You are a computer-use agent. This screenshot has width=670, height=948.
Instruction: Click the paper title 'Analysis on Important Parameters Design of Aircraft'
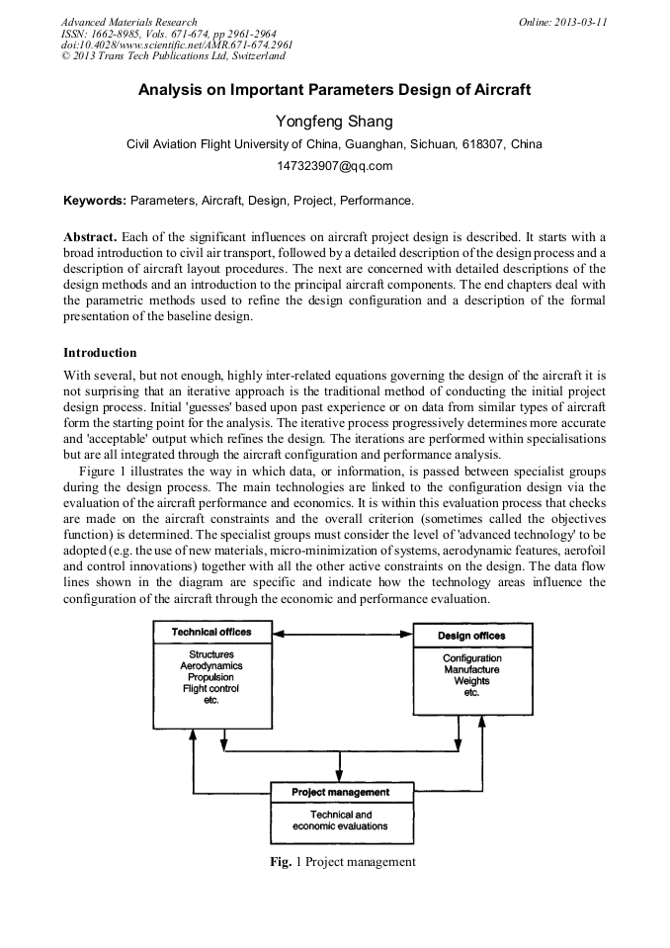334,90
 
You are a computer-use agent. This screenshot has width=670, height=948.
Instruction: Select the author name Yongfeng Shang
334,122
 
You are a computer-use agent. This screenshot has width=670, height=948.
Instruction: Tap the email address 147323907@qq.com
334,165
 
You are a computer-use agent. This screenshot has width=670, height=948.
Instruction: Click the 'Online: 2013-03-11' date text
562,22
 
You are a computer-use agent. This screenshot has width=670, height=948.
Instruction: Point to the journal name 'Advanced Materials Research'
128,22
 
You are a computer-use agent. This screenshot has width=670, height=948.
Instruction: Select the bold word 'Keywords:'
95,201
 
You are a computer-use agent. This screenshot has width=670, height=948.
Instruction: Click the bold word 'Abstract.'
91,238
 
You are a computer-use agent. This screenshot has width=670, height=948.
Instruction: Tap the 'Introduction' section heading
100,353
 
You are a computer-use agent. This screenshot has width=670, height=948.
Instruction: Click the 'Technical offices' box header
210,632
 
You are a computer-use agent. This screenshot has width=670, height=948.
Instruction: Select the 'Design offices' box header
471,636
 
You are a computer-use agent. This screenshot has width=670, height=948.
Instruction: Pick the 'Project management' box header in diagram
341,792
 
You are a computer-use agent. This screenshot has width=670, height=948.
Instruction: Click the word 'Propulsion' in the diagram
210,677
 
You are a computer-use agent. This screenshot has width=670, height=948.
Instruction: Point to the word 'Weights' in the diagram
471,681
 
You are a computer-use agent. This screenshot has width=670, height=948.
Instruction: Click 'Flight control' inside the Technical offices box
210,689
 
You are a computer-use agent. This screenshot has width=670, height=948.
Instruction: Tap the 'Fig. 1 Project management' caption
342,862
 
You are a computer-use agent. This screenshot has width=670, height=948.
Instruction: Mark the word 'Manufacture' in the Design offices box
471,670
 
